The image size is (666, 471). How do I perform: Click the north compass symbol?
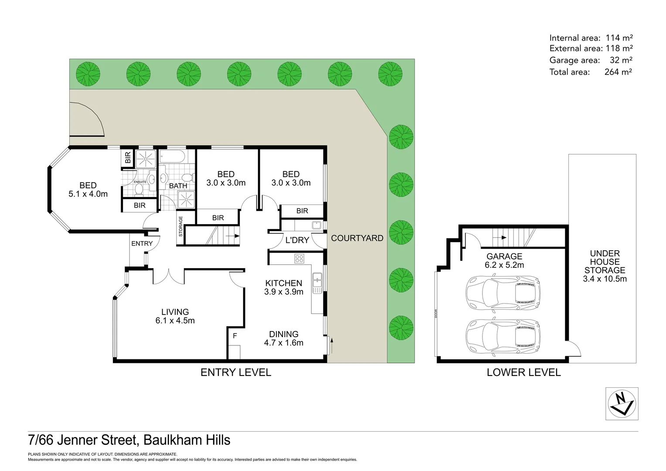(622, 403)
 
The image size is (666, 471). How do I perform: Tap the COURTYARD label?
(357, 238)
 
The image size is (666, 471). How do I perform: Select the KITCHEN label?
(283, 283)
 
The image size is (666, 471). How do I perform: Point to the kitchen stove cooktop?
(299, 258)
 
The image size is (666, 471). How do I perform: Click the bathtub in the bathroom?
(172, 157)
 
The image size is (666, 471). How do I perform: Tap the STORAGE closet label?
(181, 226)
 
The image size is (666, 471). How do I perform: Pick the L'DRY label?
(297, 240)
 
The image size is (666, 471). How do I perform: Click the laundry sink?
(317, 225)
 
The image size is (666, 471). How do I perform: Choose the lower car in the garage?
(503, 337)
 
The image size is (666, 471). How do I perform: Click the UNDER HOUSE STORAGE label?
(605, 262)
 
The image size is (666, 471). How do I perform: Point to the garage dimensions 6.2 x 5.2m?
(504, 265)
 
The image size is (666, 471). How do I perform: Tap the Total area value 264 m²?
(618, 72)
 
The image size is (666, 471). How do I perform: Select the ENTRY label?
(142, 243)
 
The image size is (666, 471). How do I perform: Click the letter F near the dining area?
(235, 336)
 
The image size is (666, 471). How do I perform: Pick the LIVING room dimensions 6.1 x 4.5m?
(175, 321)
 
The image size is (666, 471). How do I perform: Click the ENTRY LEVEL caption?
(235, 372)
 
